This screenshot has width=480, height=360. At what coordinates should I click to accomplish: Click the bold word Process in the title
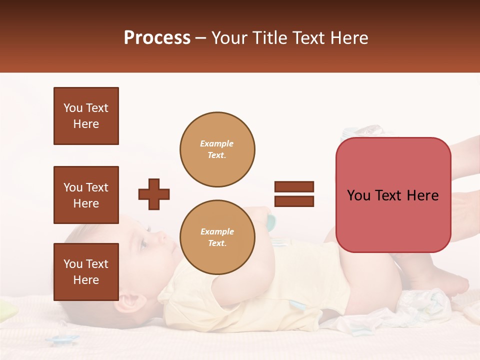(x=157, y=38)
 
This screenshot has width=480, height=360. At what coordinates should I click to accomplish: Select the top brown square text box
(x=86, y=116)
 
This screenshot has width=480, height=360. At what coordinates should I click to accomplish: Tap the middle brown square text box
(x=86, y=195)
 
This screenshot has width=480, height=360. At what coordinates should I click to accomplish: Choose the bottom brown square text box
(x=86, y=272)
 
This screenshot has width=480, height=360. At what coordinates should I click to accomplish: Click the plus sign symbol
(x=154, y=194)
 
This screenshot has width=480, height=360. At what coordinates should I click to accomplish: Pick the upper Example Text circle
(x=217, y=149)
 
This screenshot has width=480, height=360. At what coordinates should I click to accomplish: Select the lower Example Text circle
(x=217, y=237)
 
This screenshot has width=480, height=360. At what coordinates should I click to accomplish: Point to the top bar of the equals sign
(x=294, y=186)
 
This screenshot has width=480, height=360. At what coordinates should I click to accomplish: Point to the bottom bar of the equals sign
(x=294, y=201)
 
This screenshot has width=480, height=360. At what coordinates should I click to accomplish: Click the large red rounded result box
(x=393, y=195)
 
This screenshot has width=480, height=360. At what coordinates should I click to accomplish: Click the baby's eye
(x=143, y=243)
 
